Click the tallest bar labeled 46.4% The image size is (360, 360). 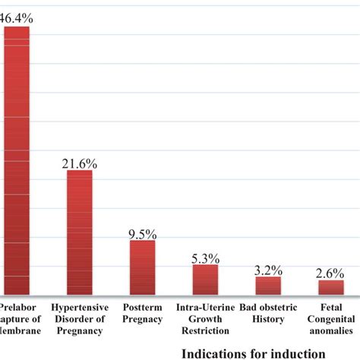[17, 159]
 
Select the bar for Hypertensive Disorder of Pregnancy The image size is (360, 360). [79, 232]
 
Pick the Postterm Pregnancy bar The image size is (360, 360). [142, 267]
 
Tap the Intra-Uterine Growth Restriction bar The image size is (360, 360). [204, 279]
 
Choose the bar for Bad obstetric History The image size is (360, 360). [267, 286]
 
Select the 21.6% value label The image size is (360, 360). [79, 162]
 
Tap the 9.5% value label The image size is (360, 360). [142, 232]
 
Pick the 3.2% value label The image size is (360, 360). [267, 269]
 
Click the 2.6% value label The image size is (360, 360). [330, 273]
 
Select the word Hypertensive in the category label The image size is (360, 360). [81, 308]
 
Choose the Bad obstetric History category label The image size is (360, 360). [267, 314]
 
